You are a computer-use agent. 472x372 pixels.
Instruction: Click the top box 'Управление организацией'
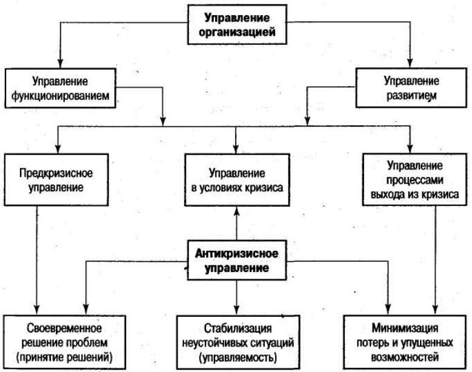click(x=237, y=25)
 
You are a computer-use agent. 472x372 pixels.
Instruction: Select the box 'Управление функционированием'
click(x=60, y=88)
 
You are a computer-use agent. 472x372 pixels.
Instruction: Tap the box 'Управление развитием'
click(x=411, y=88)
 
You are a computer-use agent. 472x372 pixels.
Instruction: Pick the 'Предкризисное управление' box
click(x=56, y=180)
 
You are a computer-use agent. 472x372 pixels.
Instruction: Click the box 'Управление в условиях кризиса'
click(x=237, y=180)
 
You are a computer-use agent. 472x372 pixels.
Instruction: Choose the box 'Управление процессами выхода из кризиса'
click(x=414, y=180)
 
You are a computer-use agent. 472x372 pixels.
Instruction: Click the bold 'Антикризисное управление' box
click(x=236, y=261)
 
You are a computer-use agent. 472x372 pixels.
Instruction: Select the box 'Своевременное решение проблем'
click(x=64, y=342)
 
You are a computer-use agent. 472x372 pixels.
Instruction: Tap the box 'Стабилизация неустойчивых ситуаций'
click(x=238, y=342)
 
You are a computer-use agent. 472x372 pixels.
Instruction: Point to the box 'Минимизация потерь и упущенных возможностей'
click(x=405, y=342)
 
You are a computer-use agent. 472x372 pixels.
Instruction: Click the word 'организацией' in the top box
click(x=237, y=32)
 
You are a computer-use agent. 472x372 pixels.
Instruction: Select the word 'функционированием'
click(x=60, y=96)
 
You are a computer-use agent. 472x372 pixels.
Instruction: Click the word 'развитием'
click(x=411, y=96)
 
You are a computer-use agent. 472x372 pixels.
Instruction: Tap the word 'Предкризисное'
click(x=56, y=173)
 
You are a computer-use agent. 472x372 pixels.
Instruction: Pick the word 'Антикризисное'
click(x=236, y=253)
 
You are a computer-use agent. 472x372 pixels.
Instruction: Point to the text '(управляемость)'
click(x=238, y=357)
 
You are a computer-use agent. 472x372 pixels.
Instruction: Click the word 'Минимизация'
click(x=405, y=328)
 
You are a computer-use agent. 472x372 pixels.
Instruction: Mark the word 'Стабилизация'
click(x=238, y=328)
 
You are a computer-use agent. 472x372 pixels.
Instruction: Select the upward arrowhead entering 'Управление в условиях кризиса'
click(x=236, y=211)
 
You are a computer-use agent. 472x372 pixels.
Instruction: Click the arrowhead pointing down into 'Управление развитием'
click(x=410, y=63)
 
